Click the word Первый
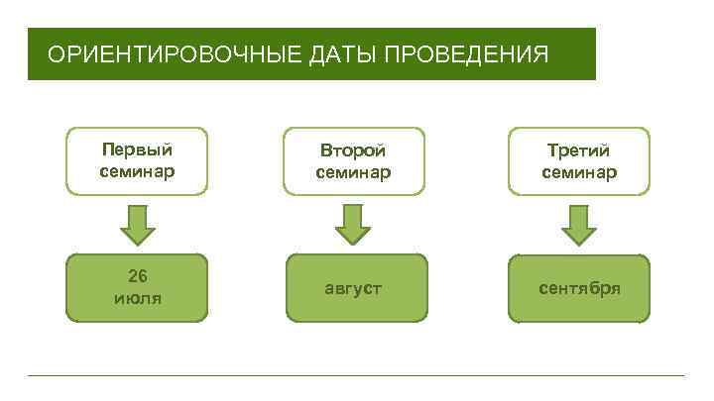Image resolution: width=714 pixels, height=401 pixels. pos(137,150)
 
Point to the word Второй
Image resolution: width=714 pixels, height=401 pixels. pos(353,151)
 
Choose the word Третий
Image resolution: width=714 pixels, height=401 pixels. pos(579,151)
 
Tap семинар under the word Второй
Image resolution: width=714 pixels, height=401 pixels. pos(353,172)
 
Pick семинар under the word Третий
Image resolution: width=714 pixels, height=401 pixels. pos(579,172)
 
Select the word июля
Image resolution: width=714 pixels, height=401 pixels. pos(138,297)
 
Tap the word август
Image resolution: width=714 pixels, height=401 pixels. pos(353,288)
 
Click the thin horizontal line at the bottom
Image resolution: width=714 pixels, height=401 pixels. pos(357,375)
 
